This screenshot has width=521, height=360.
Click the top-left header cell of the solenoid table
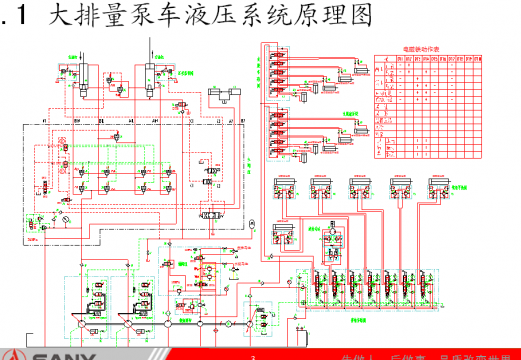click(x=384, y=59)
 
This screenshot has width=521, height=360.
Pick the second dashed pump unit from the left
click(x=140, y=300)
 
